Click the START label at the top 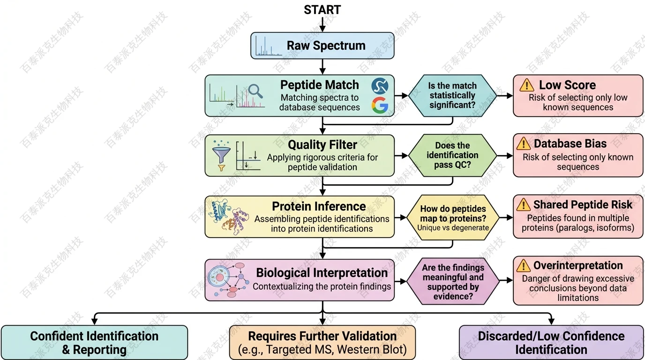click(x=322, y=10)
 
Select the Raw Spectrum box click(x=322, y=45)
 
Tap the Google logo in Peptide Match click(x=380, y=105)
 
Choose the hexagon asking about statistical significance click(x=452, y=96)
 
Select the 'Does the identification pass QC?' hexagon click(x=452, y=155)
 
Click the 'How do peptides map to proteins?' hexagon click(x=452, y=217)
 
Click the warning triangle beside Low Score click(x=527, y=85)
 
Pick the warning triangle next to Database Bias click(x=524, y=144)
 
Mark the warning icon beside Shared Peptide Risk click(x=523, y=205)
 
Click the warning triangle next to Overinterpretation click(x=523, y=266)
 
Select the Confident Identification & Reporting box click(x=94, y=343)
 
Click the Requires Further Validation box click(x=322, y=343)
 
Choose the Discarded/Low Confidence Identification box click(x=551, y=343)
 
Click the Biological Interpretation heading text click(x=322, y=273)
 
